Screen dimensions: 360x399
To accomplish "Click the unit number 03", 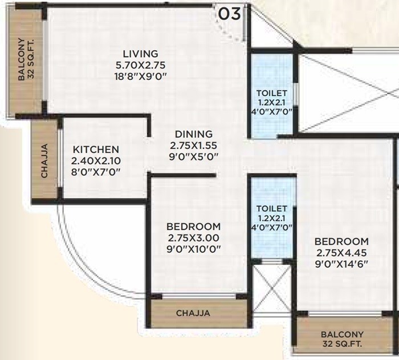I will pos(230,14).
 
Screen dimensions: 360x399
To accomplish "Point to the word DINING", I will pos(194,134).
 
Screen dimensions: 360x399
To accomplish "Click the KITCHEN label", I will pos(95,149).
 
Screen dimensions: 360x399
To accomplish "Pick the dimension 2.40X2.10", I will pos(95,160).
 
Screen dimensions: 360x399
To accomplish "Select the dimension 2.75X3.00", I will pos(194,237).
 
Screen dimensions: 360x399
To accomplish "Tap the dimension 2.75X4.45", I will pos(341,252).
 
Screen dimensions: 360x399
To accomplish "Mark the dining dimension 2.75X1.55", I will pos(194,145).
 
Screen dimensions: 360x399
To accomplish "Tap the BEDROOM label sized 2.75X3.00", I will pos(194,226).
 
